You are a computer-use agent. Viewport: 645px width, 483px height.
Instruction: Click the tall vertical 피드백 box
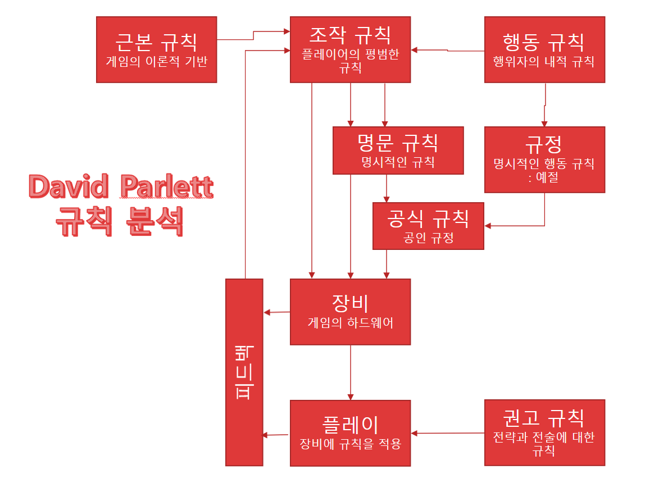coord(244,372)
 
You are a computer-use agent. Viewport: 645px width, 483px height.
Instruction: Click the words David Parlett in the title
coord(121,187)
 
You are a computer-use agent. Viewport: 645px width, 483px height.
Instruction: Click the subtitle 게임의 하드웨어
coord(350,323)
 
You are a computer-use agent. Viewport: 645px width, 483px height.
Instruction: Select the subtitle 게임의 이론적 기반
coord(156,61)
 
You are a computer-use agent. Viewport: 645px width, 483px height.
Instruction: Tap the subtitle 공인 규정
coord(428,238)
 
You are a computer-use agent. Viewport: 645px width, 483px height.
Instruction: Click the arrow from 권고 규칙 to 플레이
coord(448,433)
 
